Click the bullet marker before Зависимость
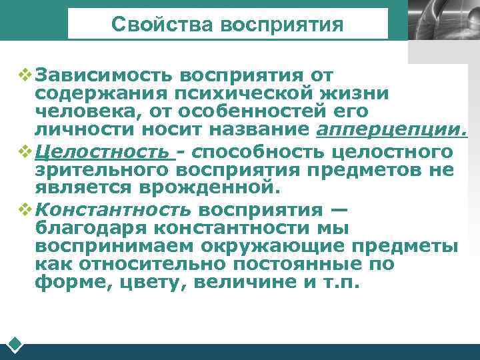pos(25,73)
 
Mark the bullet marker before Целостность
pos(25,151)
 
